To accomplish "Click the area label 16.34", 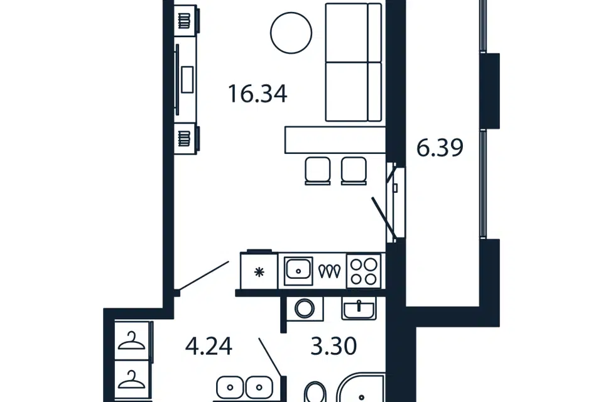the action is pos(258,94).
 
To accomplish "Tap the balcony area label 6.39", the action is pos(440,148).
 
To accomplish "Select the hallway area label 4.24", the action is pos(209,346).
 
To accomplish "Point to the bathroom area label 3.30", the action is pos(334,346).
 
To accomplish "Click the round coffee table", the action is pos(291,33).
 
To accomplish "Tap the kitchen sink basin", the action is pos(298,271).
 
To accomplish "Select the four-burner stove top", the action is pos(364,271).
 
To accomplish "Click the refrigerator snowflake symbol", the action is pos(259,273).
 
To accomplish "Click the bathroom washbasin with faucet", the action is pos(359,308).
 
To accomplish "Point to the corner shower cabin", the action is pos(361,388).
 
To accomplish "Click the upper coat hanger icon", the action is pos(131,341).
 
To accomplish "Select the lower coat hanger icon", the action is pos(131,379).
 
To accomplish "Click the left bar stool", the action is pos(318,171).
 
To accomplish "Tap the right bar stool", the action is pos(354,171).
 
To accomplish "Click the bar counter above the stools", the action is pos(335,139).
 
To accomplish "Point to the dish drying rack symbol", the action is pos(330,271).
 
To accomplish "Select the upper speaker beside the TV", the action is pos(185,20).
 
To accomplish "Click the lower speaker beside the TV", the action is pos(185,138).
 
